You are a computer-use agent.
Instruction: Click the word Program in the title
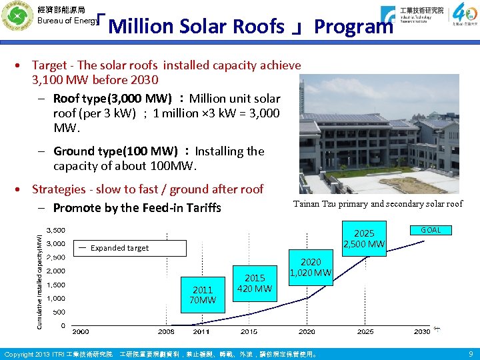[x=354, y=27]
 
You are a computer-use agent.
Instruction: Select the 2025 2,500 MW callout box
[x=364, y=239]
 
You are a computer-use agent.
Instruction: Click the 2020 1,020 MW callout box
[x=310, y=267]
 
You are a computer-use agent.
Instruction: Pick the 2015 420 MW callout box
[x=254, y=283]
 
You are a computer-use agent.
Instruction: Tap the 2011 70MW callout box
[x=203, y=294]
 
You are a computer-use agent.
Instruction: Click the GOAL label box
[x=431, y=230]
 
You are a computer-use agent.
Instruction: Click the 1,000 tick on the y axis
[x=56, y=299]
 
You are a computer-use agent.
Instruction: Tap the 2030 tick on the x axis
[x=421, y=331]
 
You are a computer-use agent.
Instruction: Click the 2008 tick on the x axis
[x=166, y=331]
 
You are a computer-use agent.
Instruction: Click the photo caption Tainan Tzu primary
[x=377, y=204]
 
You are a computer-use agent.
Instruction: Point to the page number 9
[x=471, y=353]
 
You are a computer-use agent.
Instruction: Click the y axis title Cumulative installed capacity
[x=39, y=279]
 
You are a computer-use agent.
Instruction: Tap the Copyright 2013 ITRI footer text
[x=59, y=353]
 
